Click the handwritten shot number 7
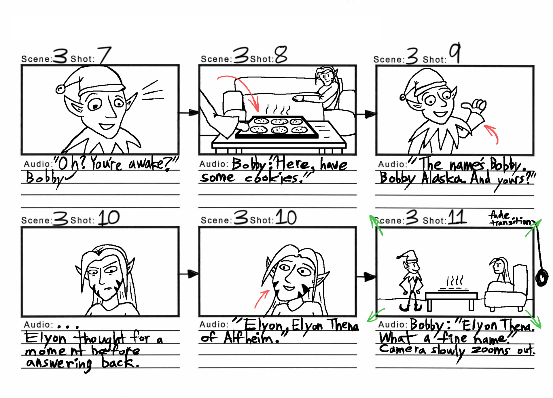[104, 55]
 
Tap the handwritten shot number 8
[281, 54]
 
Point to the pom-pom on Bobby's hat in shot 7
[60, 89]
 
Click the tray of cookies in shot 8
[276, 127]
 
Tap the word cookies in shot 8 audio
[272, 178]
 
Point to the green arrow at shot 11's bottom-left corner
[376, 315]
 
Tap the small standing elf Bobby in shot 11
[410, 279]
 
